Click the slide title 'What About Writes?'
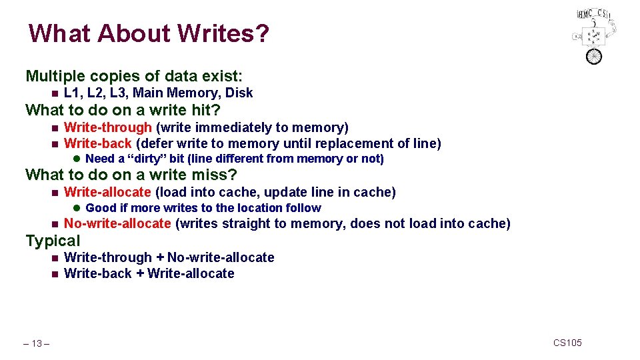click(149, 33)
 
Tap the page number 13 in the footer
click(37, 343)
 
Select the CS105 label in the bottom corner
click(567, 343)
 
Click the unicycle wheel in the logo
click(593, 56)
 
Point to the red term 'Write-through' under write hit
click(108, 127)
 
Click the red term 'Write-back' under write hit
click(97, 143)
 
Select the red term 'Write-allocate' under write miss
click(107, 193)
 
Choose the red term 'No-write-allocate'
click(117, 223)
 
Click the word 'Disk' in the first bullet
click(239, 93)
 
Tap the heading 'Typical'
click(53, 241)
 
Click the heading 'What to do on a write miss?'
click(131, 175)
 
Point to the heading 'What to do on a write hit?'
click(123, 109)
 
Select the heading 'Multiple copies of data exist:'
click(133, 76)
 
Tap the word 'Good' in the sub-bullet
click(101, 208)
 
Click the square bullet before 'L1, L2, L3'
click(54, 93)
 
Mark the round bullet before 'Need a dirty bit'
click(77, 159)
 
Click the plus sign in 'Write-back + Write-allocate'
click(139, 273)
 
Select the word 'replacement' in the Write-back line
click(355, 143)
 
